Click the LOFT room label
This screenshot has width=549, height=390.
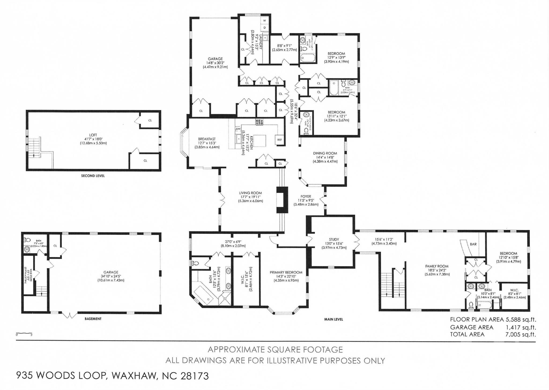coord(93,135)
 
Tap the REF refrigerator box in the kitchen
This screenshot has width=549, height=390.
coord(280,140)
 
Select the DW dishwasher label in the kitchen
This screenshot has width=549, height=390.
coord(238,129)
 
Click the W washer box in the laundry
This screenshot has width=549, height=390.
coord(265,21)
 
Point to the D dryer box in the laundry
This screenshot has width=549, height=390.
coord(265,27)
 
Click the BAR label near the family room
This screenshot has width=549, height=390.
coord(473,244)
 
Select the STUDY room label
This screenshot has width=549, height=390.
coord(334,240)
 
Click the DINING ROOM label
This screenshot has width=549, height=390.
coord(325,153)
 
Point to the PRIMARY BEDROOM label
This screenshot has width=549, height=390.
coord(286,272)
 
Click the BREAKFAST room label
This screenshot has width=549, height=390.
coord(207,139)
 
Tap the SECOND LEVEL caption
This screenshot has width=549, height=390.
coord(93,176)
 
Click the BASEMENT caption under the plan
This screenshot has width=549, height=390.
coord(93,319)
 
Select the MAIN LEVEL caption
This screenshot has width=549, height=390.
coord(333,319)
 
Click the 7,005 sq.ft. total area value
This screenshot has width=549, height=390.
coord(520,334)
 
